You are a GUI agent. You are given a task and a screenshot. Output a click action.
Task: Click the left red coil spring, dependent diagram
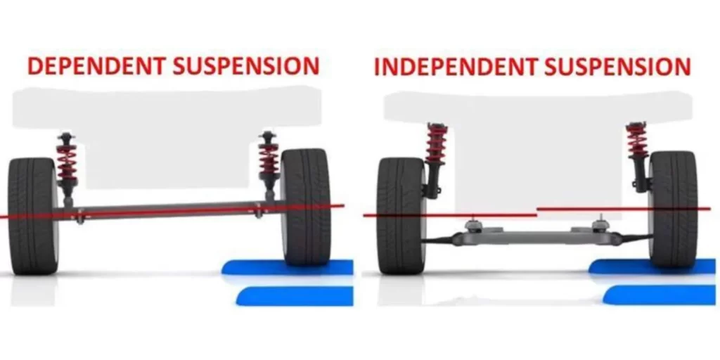click(67, 162)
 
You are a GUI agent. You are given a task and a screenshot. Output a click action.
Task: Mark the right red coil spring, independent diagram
click(637, 142)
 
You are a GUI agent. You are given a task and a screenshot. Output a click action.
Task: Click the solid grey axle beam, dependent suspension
click(169, 210)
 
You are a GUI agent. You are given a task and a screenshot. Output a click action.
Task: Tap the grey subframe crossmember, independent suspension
click(534, 238)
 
